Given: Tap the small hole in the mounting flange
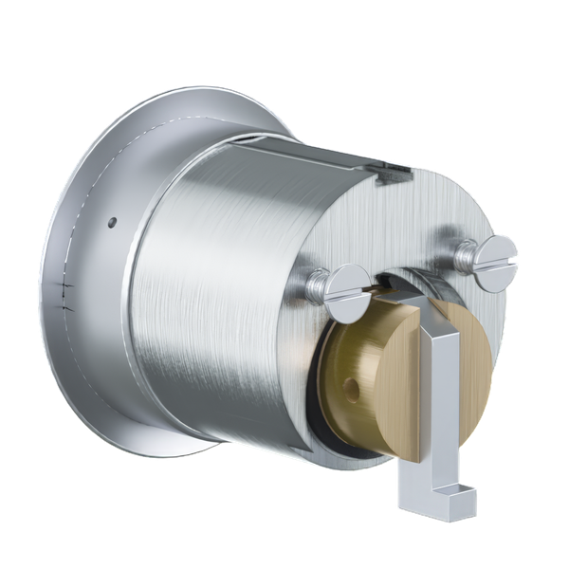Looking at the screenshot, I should coord(113,221).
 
